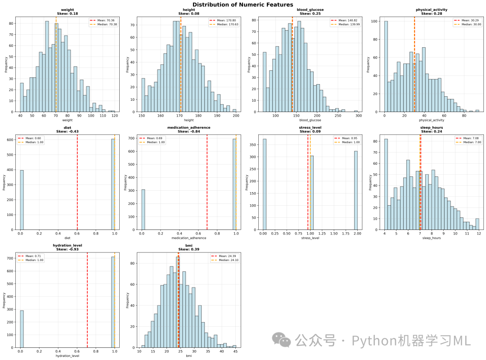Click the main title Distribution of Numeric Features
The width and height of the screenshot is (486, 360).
point(243,4)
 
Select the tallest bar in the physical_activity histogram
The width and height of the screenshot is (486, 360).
point(386,66)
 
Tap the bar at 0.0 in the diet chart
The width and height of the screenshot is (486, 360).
point(22,200)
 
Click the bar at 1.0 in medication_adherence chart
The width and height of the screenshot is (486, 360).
point(234,184)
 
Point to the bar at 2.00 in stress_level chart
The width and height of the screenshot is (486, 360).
point(356,190)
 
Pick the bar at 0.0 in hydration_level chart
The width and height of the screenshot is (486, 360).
point(22,329)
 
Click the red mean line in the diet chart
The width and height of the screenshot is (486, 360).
point(77,182)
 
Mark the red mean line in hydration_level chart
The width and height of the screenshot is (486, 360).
point(87,300)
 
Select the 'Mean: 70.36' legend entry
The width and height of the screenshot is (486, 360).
point(102,20)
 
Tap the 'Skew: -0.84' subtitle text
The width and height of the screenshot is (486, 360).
point(189,131)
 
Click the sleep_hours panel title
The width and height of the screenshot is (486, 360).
point(432,127)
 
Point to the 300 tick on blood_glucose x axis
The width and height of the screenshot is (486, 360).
point(359,116)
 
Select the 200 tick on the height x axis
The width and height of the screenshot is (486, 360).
point(236,116)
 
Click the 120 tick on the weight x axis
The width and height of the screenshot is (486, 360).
point(115,116)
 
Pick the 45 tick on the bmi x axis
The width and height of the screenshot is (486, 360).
point(235,351)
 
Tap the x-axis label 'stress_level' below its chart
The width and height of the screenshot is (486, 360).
point(310,238)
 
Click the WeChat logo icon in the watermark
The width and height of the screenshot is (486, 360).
point(281,340)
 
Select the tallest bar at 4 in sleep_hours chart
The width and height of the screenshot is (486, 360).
point(386,184)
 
